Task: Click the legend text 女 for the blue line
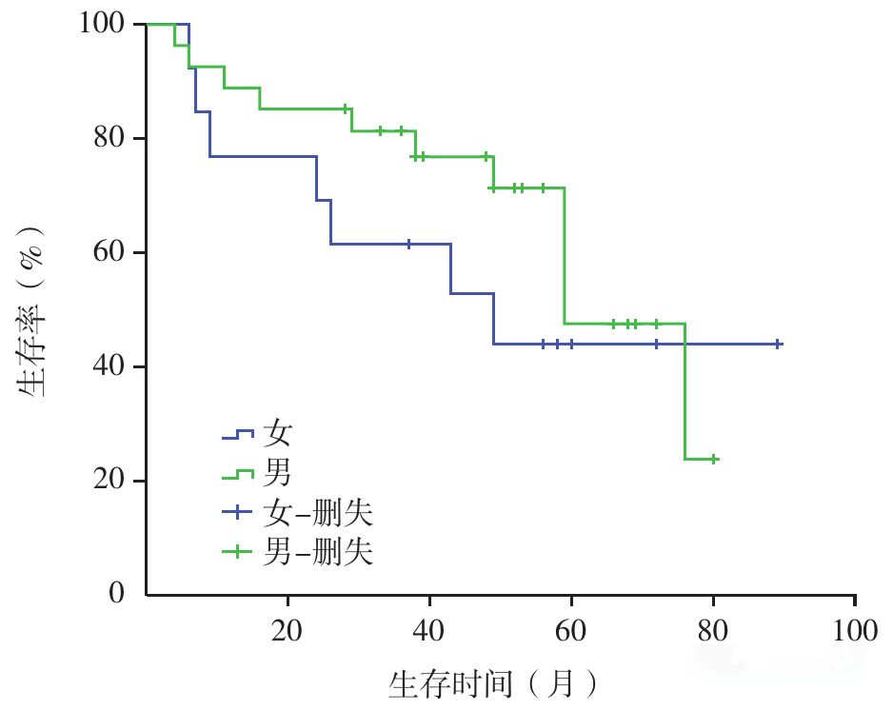(x=278, y=434)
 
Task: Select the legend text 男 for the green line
(x=278, y=473)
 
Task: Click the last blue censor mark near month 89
(x=778, y=344)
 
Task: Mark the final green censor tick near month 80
(x=714, y=459)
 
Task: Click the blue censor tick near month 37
(x=408, y=245)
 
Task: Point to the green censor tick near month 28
(x=346, y=109)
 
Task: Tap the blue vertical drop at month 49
(x=494, y=319)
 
